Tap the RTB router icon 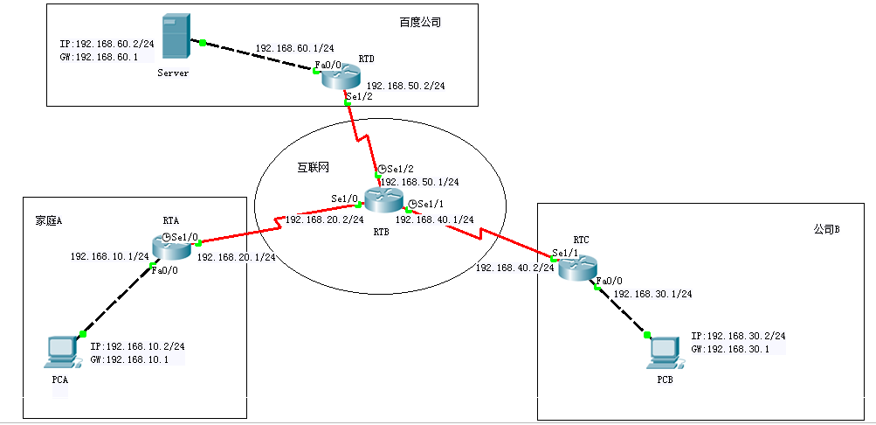coord(382,200)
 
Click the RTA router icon coord(170,247)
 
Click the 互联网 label coord(312,165)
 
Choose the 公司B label coord(825,229)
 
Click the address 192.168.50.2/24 coord(405,86)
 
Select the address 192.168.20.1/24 coord(236,257)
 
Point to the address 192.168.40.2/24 coord(514,268)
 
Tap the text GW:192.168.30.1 coord(730,349)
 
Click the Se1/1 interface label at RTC coord(566,252)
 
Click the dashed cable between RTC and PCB coord(622,311)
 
